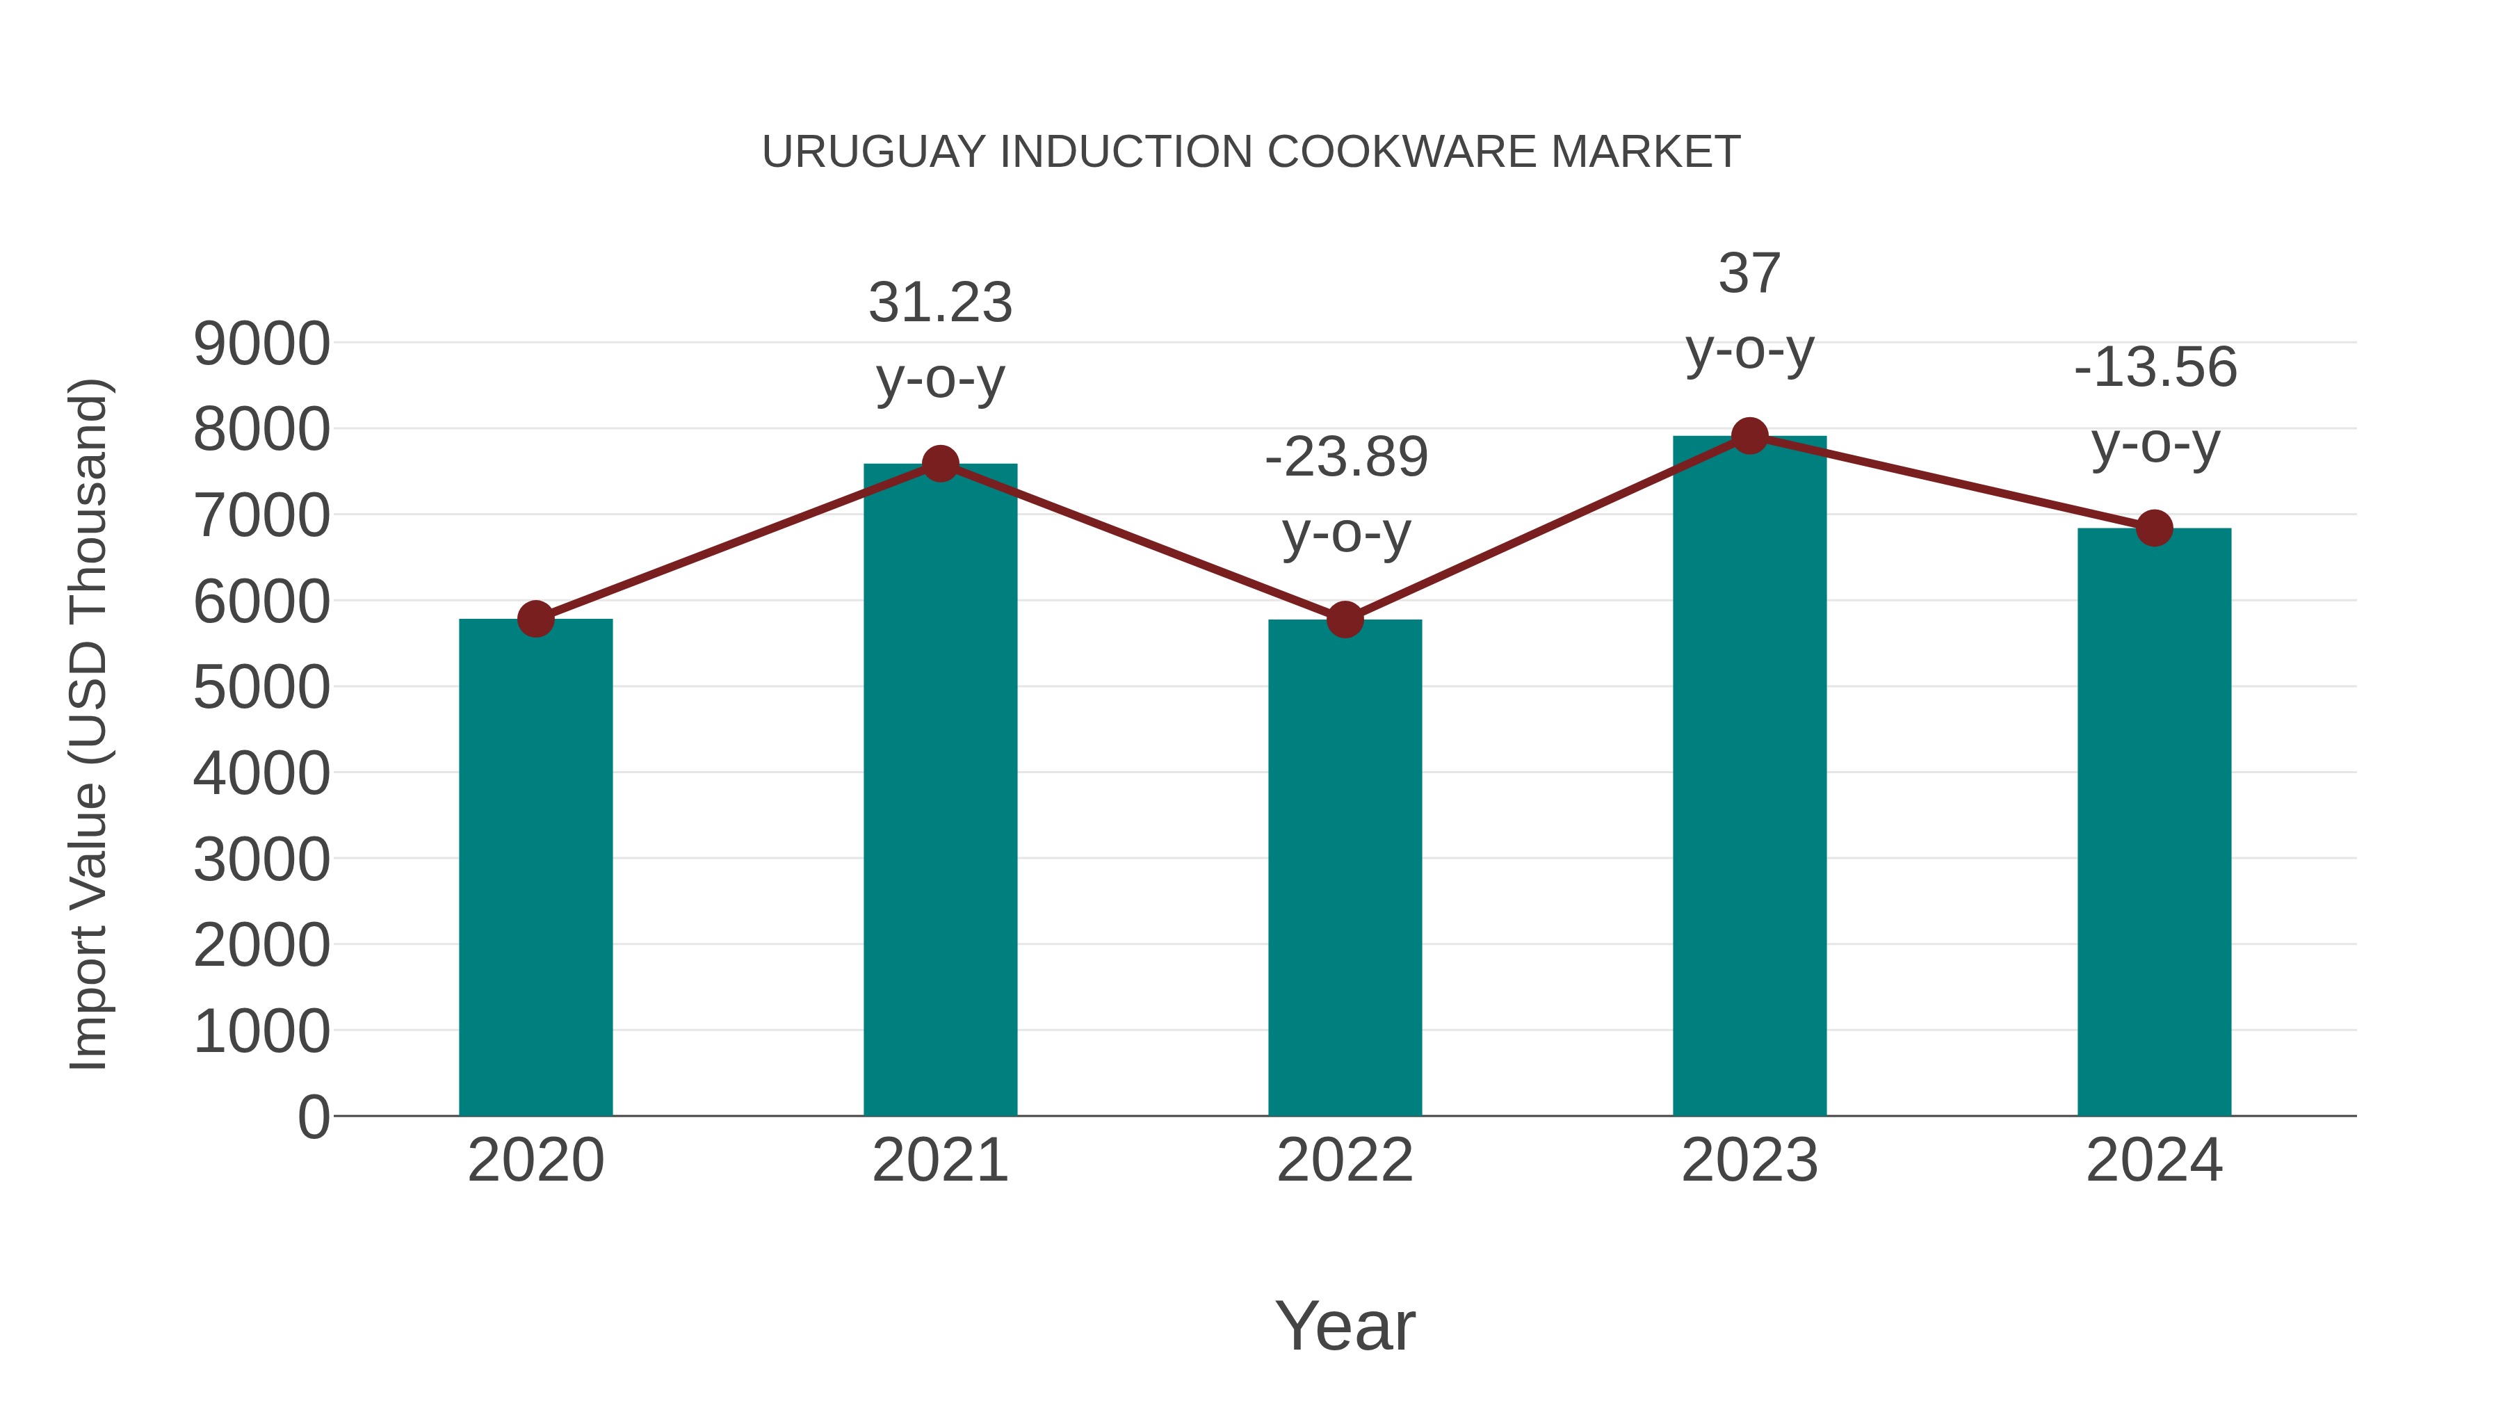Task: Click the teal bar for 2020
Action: [x=535, y=867]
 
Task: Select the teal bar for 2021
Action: [x=939, y=789]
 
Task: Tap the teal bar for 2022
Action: [x=1345, y=867]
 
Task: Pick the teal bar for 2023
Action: [x=1749, y=775]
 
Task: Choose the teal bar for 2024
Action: [x=2154, y=821]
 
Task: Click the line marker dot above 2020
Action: [x=535, y=619]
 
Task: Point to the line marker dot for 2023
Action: [x=1749, y=436]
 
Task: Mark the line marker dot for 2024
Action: [x=2154, y=528]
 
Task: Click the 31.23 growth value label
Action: [x=939, y=302]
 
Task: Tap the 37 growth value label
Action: [x=1749, y=273]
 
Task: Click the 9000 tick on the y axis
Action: [x=261, y=344]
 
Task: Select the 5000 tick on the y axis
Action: [x=261, y=688]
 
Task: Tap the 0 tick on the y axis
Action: [x=313, y=1117]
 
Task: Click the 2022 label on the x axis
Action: [x=1345, y=1160]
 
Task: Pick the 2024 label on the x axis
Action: [x=2154, y=1160]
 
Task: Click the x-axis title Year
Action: [x=1345, y=1325]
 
